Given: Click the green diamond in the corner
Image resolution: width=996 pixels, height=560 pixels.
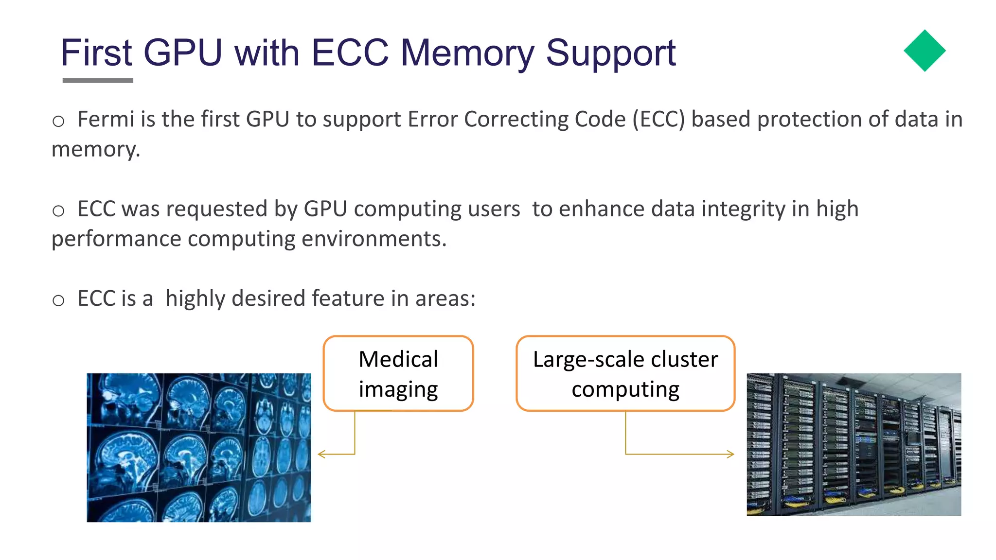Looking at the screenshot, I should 924,51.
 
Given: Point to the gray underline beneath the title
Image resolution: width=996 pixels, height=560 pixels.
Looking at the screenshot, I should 98,80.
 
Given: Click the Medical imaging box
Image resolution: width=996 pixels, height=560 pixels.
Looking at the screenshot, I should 398,373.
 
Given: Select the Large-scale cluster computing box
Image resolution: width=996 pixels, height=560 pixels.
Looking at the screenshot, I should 625,373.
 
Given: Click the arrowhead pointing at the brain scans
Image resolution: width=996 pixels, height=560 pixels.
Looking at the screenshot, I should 320,454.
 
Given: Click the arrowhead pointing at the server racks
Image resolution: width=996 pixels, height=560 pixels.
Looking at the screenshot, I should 730,454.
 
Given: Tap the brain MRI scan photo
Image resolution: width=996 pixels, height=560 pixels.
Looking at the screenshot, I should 198,447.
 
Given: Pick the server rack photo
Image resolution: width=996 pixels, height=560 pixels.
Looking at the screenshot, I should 854,444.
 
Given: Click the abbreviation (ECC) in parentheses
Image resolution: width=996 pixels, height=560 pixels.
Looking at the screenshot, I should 658,120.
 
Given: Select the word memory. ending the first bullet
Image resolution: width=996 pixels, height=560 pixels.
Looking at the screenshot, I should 96,150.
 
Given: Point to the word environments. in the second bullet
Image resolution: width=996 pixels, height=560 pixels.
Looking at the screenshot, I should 373,239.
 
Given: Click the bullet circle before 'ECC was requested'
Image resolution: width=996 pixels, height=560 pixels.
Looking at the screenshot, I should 58,210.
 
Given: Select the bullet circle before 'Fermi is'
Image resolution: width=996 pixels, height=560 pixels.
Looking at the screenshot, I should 58,121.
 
